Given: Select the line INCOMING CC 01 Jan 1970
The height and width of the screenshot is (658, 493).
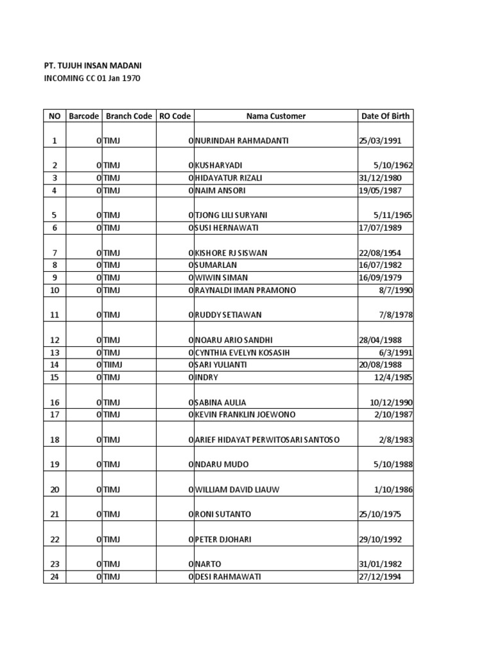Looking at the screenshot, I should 92,78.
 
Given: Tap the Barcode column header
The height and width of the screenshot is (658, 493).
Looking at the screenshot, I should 83,116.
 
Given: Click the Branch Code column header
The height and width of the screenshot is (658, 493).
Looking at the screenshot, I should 129,116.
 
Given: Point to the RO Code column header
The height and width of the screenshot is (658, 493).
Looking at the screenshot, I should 175,116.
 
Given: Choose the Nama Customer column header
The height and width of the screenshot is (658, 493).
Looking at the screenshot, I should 276,116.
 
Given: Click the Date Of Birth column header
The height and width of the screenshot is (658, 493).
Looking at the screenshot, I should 385,116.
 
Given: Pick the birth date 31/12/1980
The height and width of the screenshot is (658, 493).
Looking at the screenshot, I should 379,178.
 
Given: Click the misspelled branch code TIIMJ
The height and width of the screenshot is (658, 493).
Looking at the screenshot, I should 113,365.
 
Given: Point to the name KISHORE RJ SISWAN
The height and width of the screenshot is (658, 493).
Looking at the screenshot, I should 231,253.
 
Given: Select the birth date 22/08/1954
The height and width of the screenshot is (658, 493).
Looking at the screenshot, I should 379,253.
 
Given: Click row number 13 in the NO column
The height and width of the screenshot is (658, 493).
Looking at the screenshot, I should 55,353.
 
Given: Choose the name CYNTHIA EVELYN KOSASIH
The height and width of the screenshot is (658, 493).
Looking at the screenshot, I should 242,353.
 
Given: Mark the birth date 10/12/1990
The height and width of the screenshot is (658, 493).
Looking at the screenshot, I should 391,403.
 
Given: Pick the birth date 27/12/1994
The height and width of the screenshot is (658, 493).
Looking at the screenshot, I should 379,577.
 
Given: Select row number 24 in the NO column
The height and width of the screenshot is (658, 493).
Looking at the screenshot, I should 55,577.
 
